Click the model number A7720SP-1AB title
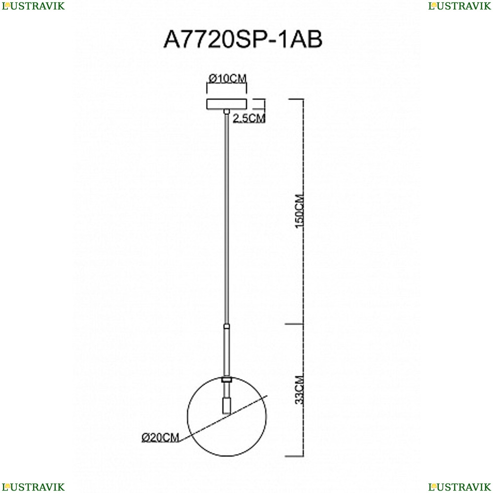tap(243, 39)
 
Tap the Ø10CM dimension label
tap(227, 78)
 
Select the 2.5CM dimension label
tap(249, 118)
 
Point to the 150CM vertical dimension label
tap(300, 211)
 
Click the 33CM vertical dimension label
tap(300, 389)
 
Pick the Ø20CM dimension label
tap(160, 437)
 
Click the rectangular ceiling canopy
tap(226, 104)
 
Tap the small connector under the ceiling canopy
tap(226, 111)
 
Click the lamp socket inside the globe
tap(226, 405)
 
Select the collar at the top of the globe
tap(226, 380)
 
